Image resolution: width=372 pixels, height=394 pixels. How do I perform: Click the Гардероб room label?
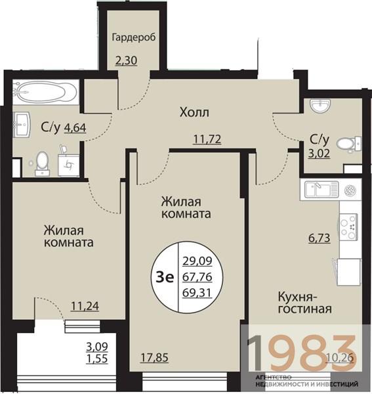133,37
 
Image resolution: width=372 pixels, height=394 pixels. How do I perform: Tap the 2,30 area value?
127,62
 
